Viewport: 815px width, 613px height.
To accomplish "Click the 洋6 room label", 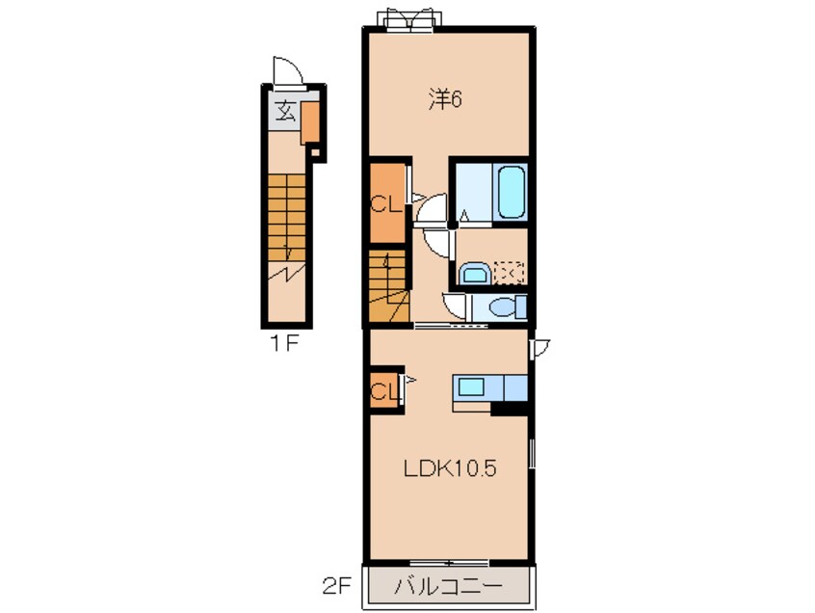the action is point(445,99).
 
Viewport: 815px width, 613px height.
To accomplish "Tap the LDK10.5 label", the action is point(450,468).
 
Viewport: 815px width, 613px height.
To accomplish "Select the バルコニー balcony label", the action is point(449,587).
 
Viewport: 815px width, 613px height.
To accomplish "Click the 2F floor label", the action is point(337,587).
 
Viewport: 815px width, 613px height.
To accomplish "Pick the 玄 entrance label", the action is point(285,111).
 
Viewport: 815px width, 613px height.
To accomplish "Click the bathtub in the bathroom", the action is point(511,192).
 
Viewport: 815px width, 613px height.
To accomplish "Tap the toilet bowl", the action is point(508,306).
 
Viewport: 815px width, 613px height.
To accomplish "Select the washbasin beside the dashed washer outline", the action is point(475,274).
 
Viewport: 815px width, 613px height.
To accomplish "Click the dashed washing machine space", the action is point(509,273).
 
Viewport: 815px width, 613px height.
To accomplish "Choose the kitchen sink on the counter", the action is point(471,387).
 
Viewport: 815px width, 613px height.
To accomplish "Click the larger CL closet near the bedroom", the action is point(386,202).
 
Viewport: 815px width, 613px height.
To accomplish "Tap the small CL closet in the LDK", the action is point(384,390).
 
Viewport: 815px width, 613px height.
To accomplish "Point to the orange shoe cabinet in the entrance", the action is point(310,122).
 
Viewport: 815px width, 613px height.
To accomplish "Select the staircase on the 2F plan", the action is point(387,286).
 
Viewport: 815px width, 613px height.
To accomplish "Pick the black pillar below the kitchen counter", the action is point(509,409).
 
